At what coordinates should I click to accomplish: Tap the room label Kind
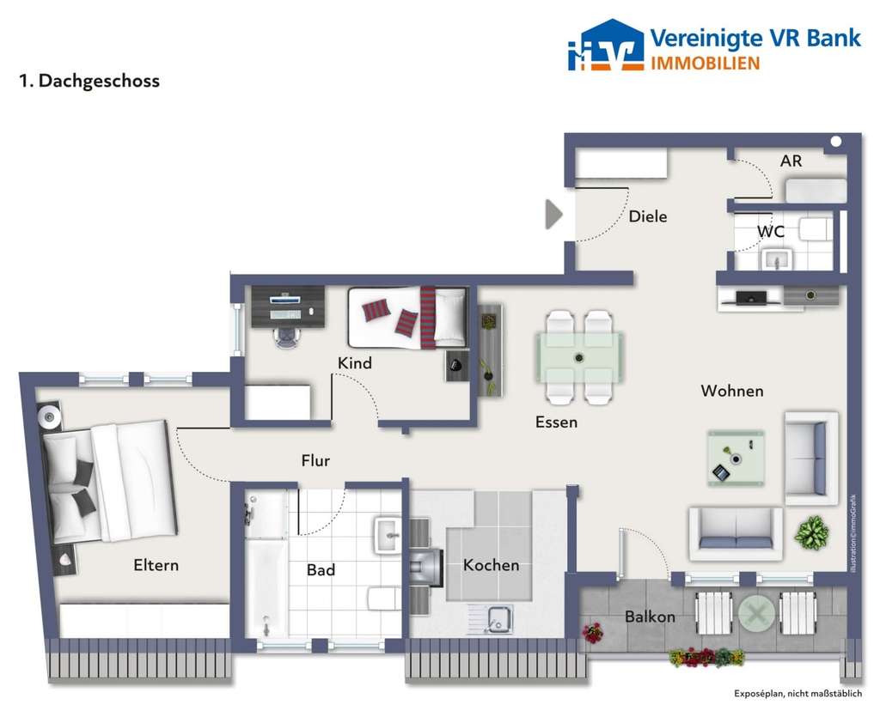click(354, 363)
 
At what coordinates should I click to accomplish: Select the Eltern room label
click(156, 565)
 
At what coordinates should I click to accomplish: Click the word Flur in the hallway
click(315, 461)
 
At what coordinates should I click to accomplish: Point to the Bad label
click(321, 569)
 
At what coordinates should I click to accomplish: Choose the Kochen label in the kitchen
click(491, 565)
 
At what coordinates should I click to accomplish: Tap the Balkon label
click(649, 617)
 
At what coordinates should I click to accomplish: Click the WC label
click(770, 232)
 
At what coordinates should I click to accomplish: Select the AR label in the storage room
click(791, 161)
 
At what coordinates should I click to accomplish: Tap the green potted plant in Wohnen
click(811, 533)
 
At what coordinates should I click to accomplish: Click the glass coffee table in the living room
click(735, 457)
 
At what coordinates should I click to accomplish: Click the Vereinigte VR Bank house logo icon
click(605, 46)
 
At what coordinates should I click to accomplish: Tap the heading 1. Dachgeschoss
click(89, 82)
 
